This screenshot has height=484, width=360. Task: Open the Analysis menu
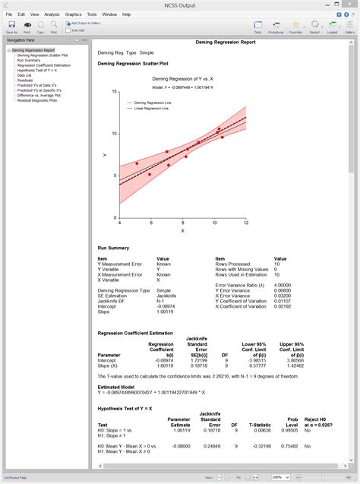tap(52, 14)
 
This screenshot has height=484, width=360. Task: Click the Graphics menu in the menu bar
tap(73, 14)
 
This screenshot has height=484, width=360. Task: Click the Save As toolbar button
tap(11, 27)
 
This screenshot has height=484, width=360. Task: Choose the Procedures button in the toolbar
tap(276, 27)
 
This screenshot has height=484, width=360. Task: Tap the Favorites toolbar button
tap(295, 27)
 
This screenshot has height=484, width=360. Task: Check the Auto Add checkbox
tap(69, 30)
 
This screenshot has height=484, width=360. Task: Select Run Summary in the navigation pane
tap(29, 61)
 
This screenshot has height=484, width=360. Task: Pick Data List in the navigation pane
tap(24, 75)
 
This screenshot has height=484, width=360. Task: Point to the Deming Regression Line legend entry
tap(154, 102)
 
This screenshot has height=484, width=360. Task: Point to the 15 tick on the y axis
tap(114, 92)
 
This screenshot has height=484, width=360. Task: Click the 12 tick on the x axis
tap(245, 223)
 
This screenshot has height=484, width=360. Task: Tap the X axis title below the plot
tap(182, 229)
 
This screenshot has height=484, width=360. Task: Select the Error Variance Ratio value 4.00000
tap(283, 285)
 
